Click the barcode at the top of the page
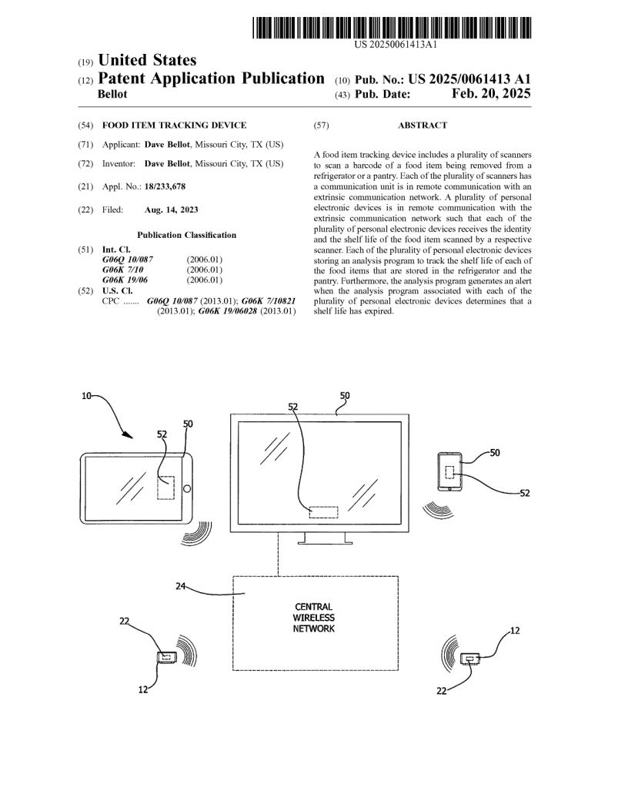(x=392, y=28)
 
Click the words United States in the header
(x=148, y=60)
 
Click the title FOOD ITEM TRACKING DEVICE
(x=175, y=125)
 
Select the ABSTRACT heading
(x=422, y=125)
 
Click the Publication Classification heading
(x=187, y=235)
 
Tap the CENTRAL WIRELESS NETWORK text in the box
(x=313, y=618)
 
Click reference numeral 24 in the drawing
(x=181, y=586)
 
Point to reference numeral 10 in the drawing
(x=86, y=396)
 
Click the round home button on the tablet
(x=186, y=488)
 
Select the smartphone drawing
(x=449, y=471)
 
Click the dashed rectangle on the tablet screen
(x=165, y=488)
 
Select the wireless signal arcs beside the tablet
(x=198, y=533)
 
